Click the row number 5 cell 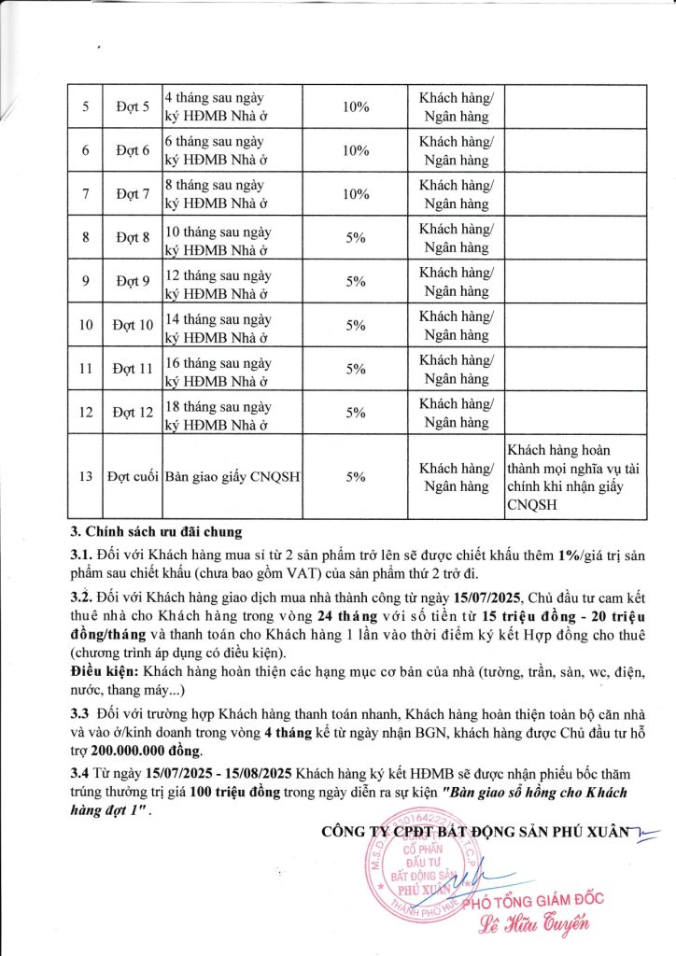tap(85, 107)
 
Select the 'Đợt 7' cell tap(134, 194)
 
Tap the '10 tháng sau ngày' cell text tap(218, 228)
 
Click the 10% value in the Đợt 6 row tap(356, 151)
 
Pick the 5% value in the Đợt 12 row tap(356, 413)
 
